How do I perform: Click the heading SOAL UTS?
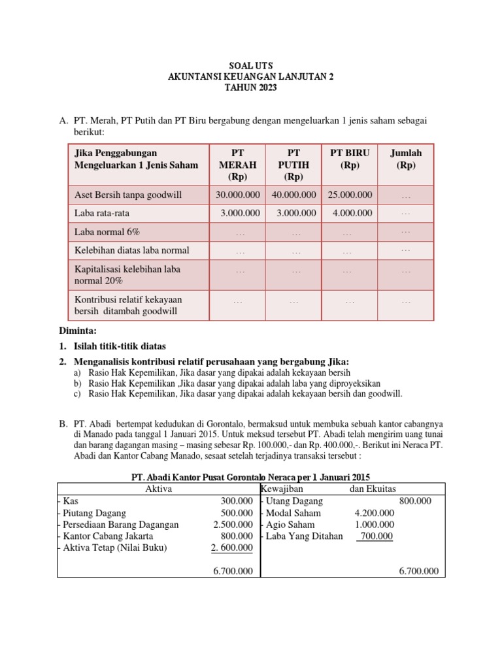coord(250,66)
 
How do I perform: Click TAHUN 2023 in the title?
coord(250,88)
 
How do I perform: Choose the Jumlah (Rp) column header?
coord(406,159)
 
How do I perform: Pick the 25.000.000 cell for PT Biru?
coord(350,195)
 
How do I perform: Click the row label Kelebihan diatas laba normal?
coord(132,250)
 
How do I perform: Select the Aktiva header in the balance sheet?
coord(158,489)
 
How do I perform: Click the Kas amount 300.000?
coord(237,501)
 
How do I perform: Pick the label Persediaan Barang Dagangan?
coord(120,525)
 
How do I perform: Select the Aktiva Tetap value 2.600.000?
coord(233,548)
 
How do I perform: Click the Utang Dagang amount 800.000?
coord(415,501)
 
